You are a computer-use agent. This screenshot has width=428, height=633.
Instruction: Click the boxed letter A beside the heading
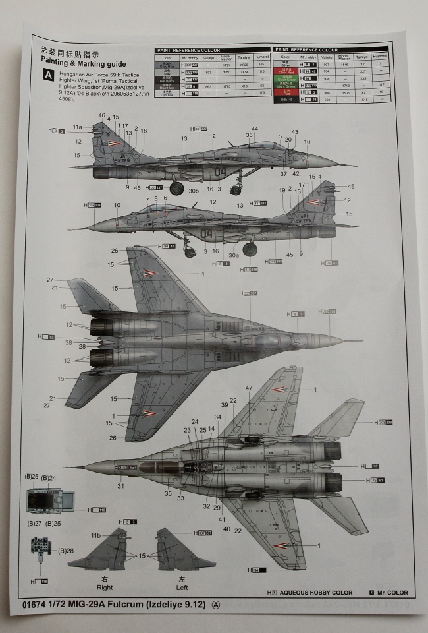coord(47,75)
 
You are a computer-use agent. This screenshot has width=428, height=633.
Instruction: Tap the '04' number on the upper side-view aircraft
coord(220,172)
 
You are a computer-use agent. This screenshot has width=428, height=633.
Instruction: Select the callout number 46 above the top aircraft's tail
coord(101,116)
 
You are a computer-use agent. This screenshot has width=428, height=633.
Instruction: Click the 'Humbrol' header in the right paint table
coord(380,57)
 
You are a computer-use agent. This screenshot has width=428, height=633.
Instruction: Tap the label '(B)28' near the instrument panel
coord(66,551)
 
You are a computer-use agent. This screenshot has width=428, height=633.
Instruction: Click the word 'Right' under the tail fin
coord(105,588)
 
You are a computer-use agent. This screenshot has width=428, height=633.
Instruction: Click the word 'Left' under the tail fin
coord(182,588)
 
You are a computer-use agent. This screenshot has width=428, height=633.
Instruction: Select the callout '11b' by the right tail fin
coord(97,535)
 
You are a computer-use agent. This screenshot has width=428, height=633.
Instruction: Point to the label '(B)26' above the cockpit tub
coord(32,477)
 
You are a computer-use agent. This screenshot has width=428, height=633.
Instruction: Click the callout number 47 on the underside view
coord(249,388)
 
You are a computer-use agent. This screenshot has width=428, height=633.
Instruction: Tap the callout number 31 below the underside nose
coord(120,486)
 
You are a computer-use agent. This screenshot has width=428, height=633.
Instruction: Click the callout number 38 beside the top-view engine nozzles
coord(68,343)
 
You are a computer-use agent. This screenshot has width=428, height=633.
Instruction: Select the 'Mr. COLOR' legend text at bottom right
coord(393,593)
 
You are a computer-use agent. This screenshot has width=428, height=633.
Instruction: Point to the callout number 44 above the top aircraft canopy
coord(255,129)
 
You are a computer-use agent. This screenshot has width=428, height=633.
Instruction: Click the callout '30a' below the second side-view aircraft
coord(234,255)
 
